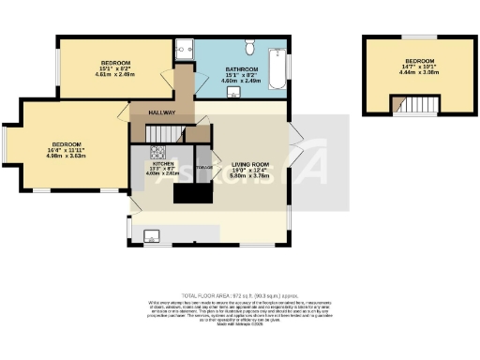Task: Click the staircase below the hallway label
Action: [151, 127]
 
